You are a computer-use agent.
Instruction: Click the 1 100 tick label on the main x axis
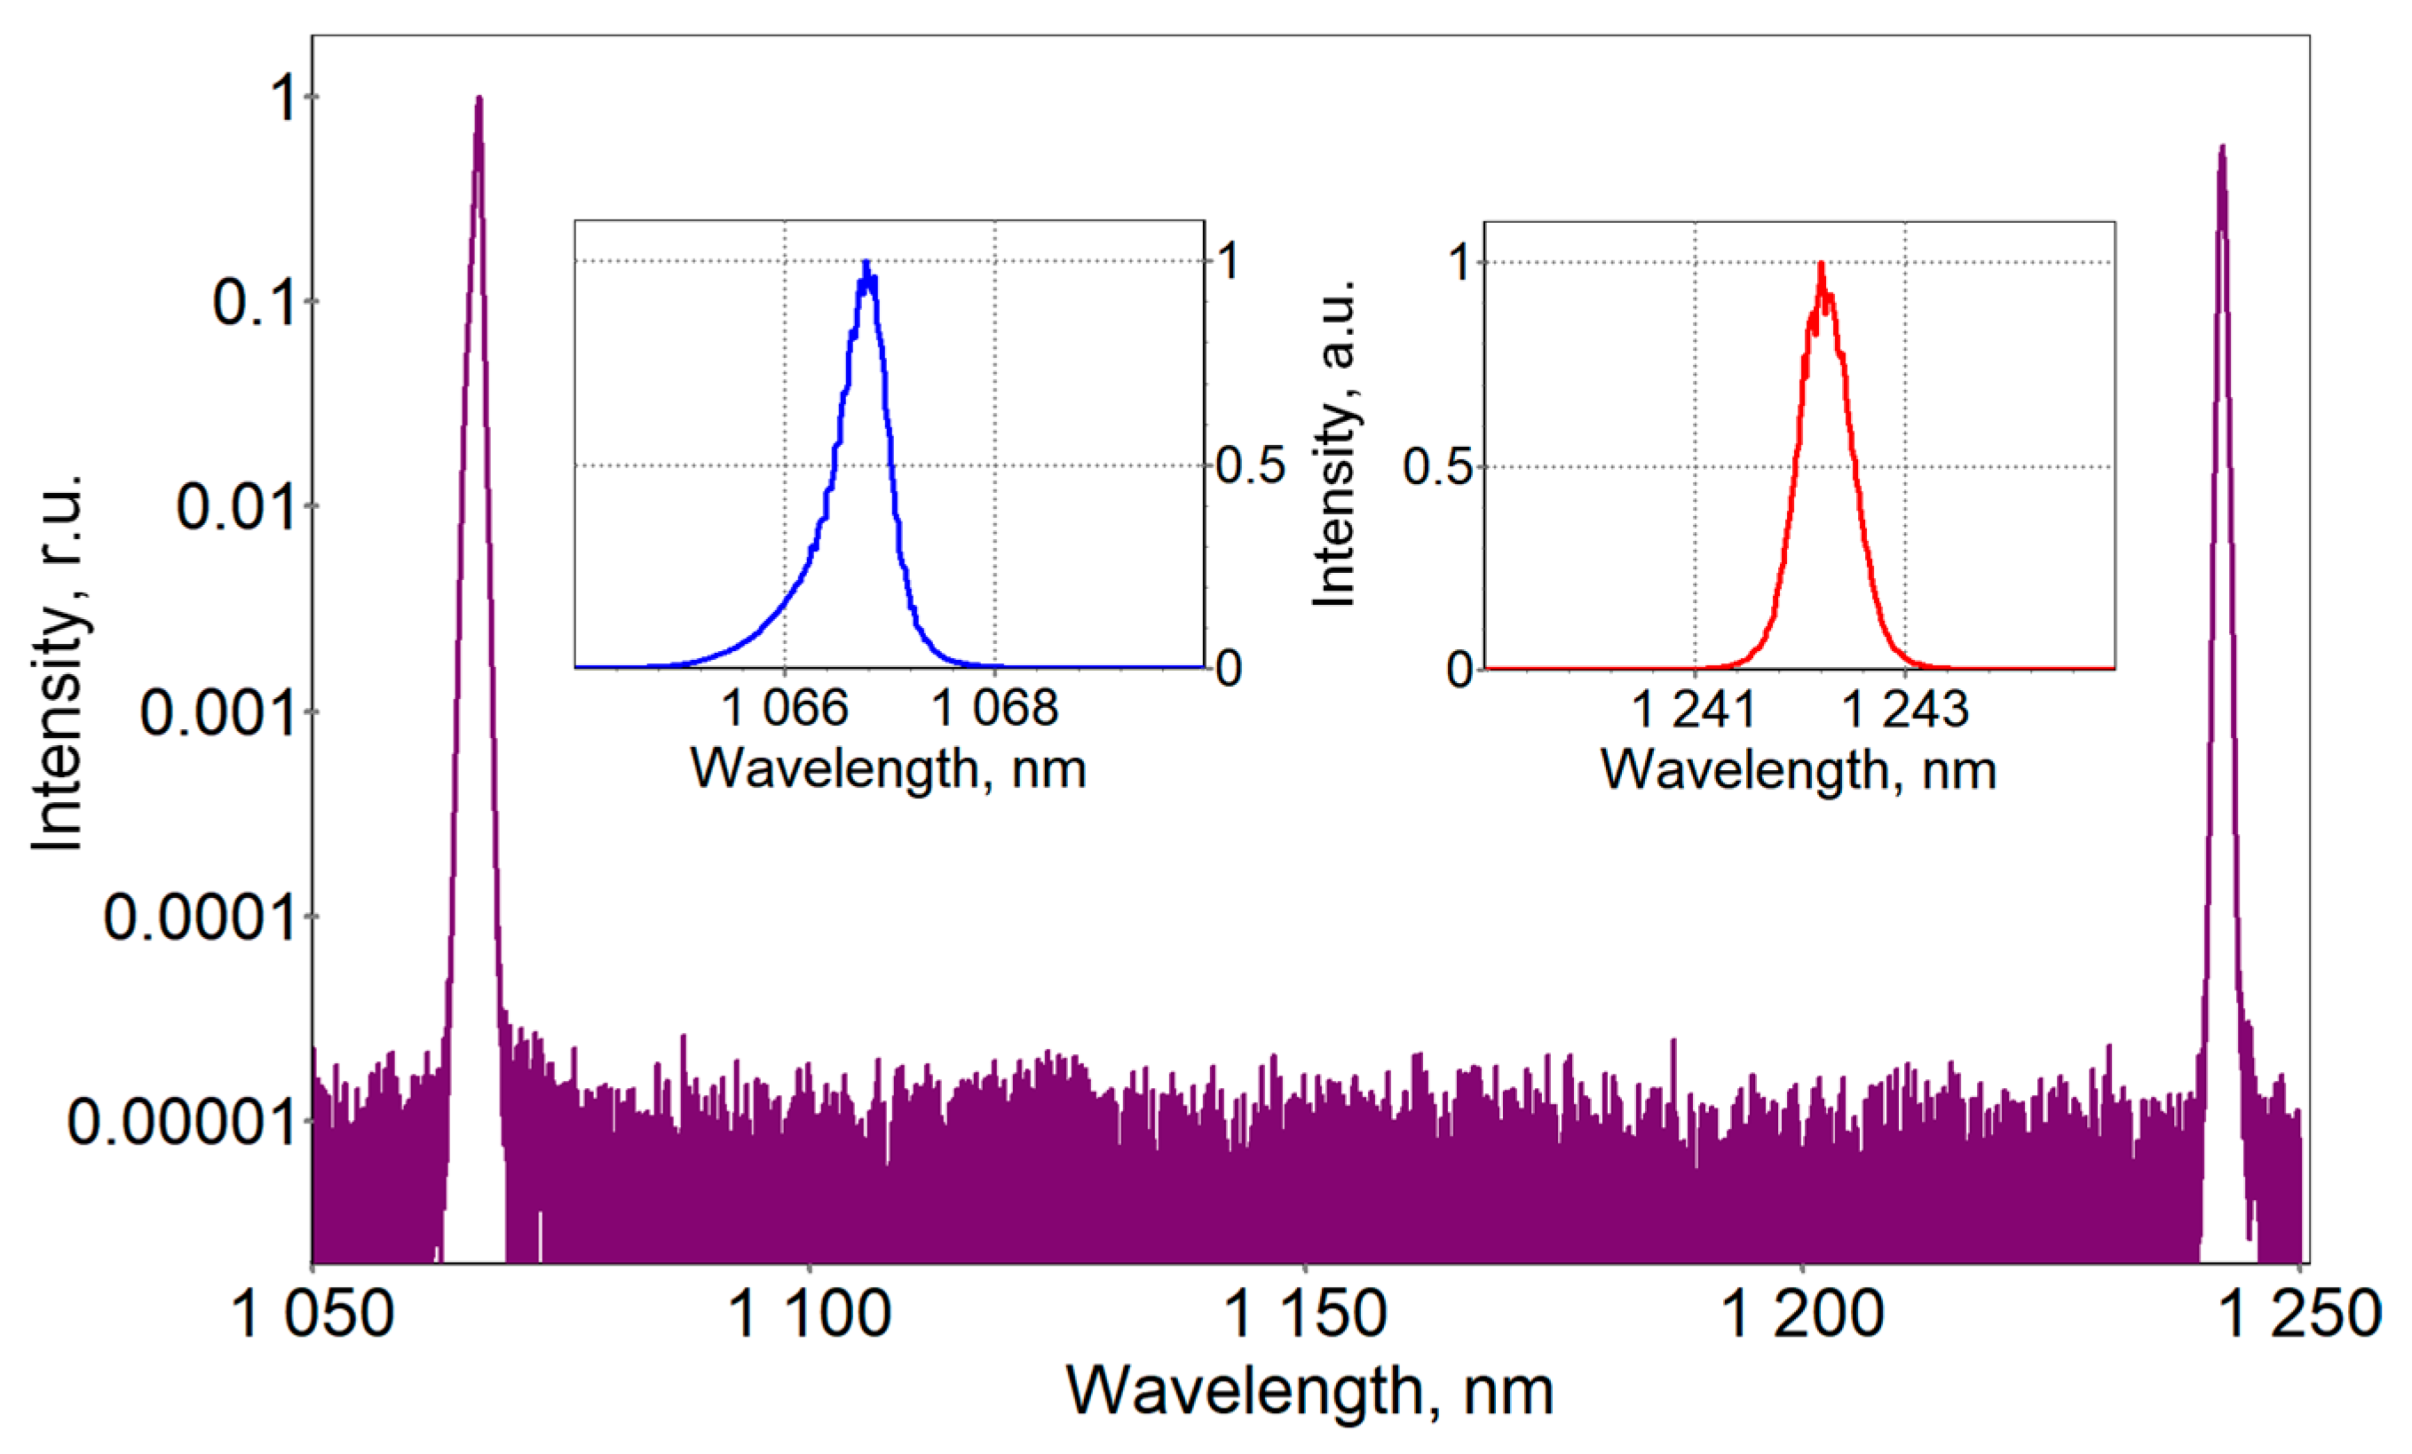point(811,1314)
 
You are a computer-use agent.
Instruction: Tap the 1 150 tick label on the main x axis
point(1306,1314)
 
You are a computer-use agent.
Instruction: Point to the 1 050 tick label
point(312,1314)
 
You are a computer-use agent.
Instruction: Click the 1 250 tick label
point(2298,1314)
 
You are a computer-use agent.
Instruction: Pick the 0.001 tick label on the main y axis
point(217,713)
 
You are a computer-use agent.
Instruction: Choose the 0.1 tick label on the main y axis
point(254,303)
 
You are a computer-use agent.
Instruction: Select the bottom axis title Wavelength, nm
point(1309,1390)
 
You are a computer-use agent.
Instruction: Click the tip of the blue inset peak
point(866,262)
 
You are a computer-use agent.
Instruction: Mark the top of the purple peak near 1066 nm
point(478,97)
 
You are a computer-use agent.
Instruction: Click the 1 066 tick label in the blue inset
point(784,708)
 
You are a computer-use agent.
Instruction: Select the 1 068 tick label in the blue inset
point(994,708)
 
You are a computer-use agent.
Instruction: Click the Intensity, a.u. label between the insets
point(1336,442)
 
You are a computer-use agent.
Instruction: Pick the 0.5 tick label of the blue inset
point(1250,465)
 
